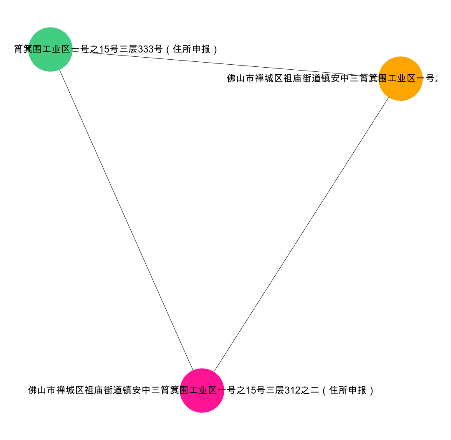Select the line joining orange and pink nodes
pos(301,234)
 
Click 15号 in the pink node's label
pos(255,390)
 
